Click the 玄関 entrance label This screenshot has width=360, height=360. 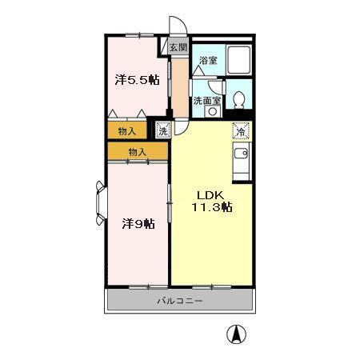coord(178,48)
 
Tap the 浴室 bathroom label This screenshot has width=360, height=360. coord(208,61)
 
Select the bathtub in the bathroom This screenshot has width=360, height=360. coord(238,59)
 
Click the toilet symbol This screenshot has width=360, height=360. coord(238,100)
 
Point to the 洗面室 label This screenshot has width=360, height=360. coord(207,101)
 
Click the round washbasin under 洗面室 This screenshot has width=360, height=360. coord(213,111)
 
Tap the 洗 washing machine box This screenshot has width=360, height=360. coord(163,130)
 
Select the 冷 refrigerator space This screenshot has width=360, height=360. coord(241,130)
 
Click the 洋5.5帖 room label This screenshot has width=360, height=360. coord(138,79)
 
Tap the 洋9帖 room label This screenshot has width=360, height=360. coord(138,223)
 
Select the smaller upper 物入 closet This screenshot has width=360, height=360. coord(127,130)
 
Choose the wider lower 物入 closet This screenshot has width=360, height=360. coord(138,151)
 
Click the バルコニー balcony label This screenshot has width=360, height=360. coord(179,301)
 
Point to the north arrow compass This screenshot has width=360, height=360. coord(236,334)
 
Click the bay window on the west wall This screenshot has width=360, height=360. coord(101,203)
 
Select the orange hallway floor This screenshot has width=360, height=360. coord(180,87)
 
